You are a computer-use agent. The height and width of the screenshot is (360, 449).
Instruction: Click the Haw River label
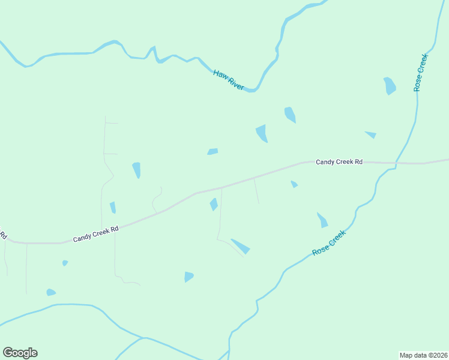pos(229,80)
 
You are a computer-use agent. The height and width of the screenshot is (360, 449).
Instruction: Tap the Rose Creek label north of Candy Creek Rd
pos(420,72)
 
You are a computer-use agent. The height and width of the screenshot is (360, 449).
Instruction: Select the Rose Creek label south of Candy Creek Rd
pos(330,244)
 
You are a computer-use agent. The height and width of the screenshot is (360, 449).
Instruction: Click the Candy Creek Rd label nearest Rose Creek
pos(340,162)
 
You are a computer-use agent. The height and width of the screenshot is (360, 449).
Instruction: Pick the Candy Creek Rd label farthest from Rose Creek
pos(96,234)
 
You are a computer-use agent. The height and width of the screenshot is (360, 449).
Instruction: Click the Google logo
pos(20,353)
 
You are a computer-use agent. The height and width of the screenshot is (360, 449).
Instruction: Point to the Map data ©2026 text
pos(424,355)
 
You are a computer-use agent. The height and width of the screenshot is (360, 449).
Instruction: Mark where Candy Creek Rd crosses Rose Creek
pos(396,163)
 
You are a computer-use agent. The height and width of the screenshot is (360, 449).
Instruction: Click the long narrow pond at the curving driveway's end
pos(240,246)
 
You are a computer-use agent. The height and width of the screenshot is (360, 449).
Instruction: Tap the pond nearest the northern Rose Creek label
pos(390,86)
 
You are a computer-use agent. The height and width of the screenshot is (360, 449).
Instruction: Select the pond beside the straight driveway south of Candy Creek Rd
pos(214,205)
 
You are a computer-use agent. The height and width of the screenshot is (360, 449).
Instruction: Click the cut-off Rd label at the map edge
pos(2,233)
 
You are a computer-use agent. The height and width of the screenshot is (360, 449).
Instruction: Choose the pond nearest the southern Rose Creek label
pos(322,220)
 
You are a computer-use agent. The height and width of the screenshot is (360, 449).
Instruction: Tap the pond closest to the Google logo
pos(51,292)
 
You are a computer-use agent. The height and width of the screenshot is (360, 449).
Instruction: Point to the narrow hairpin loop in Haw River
pos(154,53)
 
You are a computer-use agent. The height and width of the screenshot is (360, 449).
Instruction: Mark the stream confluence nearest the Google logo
pos(143,338)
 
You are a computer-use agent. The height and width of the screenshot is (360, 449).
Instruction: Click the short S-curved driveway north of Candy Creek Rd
pos(157,199)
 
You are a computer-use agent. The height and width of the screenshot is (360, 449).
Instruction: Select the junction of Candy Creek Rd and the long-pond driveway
pos(221,188)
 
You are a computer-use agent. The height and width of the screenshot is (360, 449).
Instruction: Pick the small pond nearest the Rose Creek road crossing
pos(370,134)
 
